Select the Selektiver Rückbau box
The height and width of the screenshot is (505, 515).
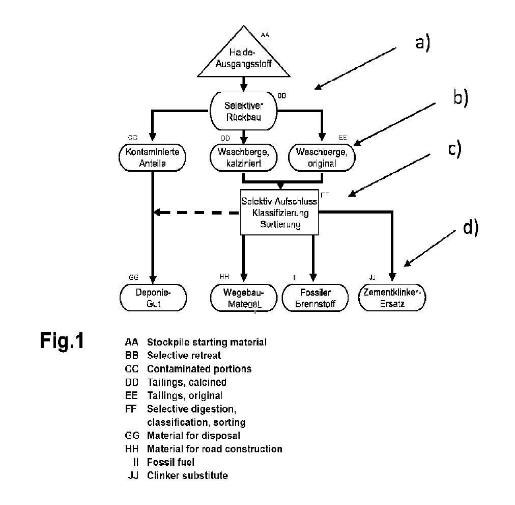tap(243, 111)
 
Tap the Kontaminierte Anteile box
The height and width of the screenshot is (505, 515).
tap(152, 158)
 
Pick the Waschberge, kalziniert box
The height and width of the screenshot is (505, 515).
tap(243, 158)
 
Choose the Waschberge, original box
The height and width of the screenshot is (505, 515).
tap(321, 158)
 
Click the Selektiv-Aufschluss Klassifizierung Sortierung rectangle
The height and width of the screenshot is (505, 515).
tap(279, 212)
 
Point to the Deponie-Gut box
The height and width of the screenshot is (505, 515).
tap(153, 298)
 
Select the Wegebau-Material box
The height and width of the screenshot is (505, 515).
tap(244, 298)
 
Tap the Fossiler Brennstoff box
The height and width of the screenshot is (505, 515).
tap(315, 298)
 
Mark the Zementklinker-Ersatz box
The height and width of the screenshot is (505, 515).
tap(392, 298)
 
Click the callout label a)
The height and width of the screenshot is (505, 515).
tap(422, 43)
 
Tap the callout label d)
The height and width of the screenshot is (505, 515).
tap(471, 228)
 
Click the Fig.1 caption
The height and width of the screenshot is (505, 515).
tap(62, 340)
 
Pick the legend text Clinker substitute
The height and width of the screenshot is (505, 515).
tap(187, 475)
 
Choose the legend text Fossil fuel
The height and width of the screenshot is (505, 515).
tap(170, 462)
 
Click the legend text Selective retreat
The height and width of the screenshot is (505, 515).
tap(184, 355)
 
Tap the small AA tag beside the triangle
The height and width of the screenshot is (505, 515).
tap(265, 35)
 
